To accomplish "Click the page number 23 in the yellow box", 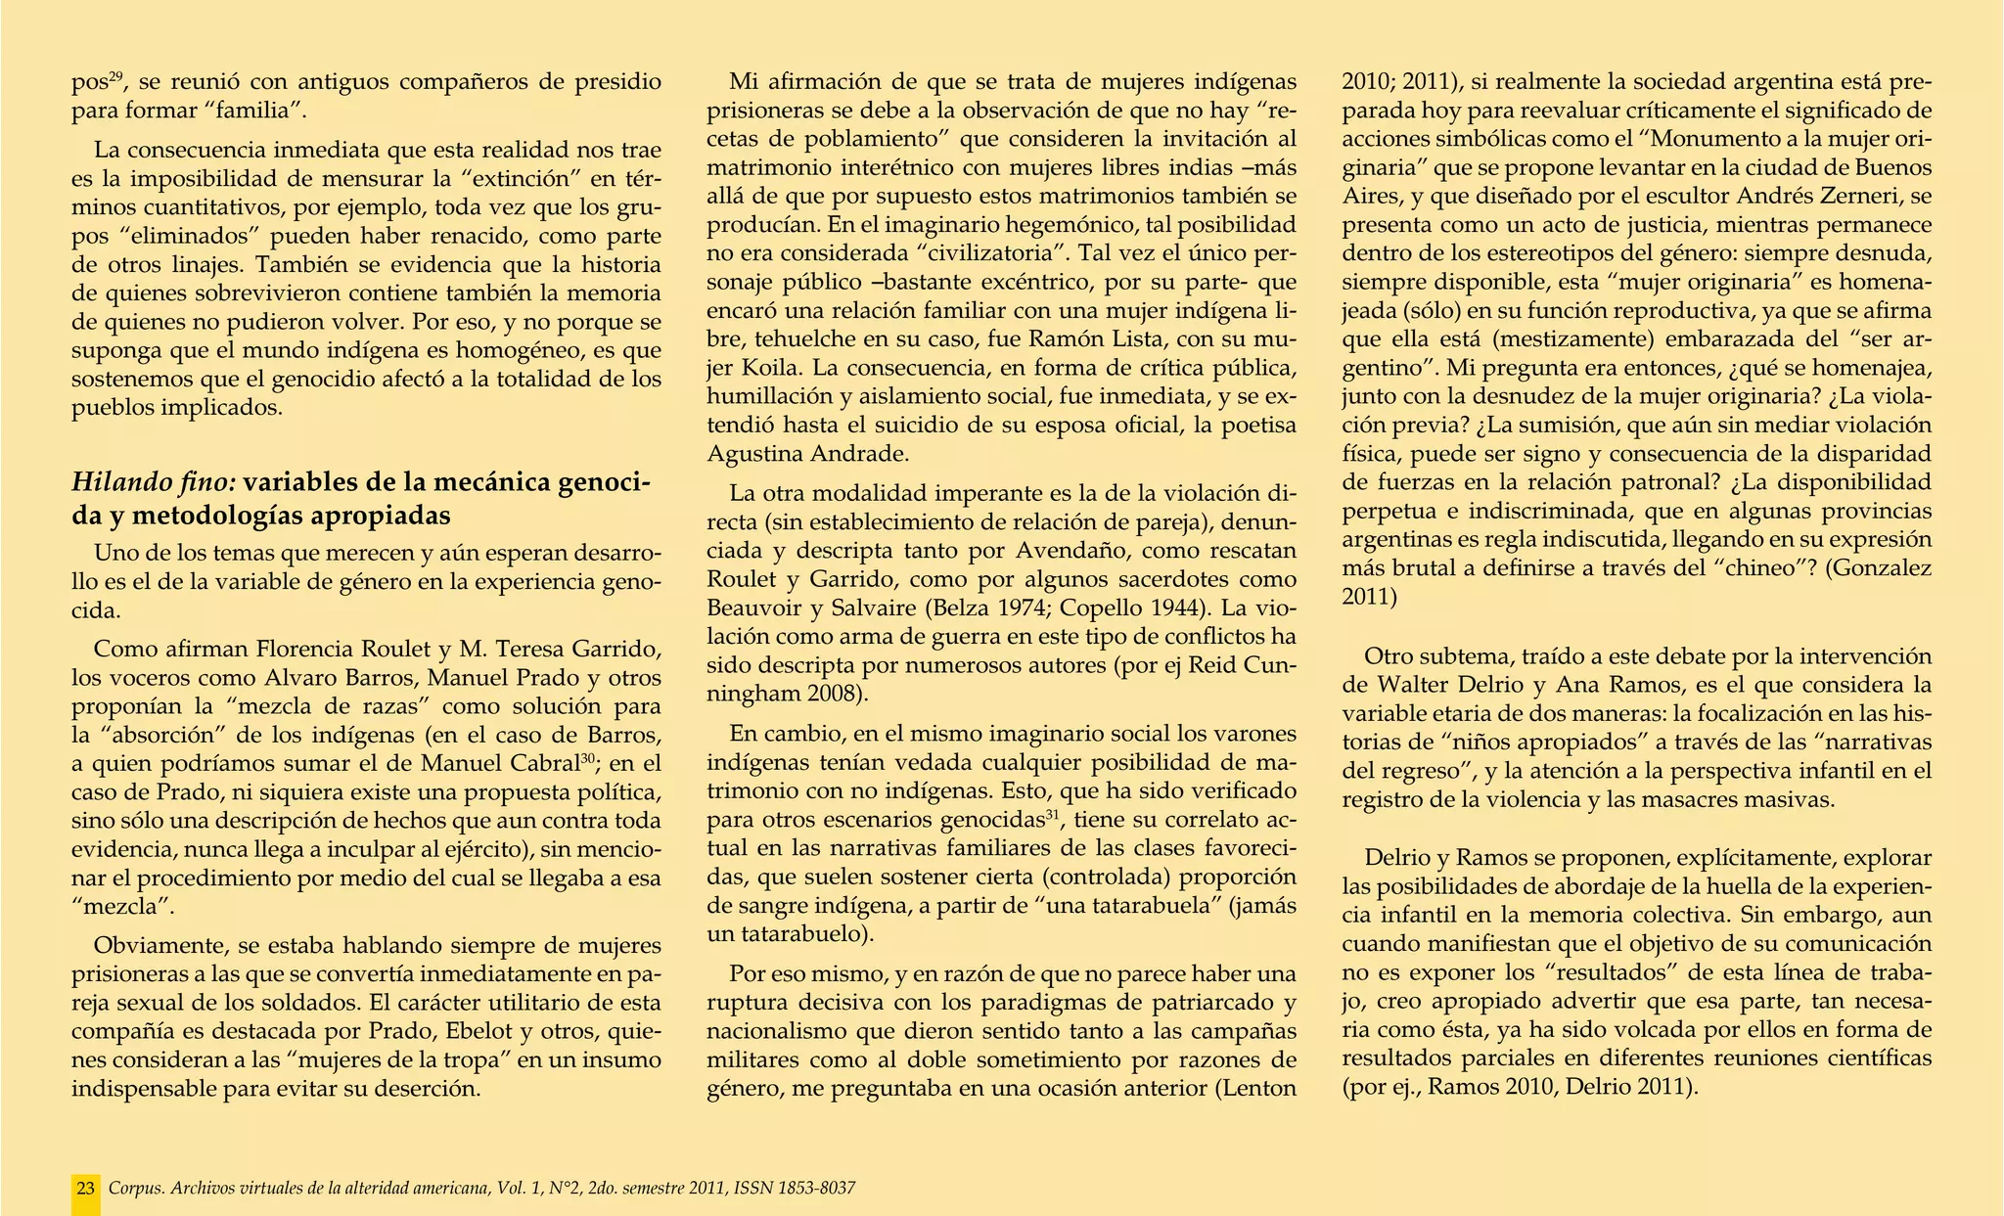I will (86, 1189).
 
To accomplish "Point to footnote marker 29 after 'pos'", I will (115, 76).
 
